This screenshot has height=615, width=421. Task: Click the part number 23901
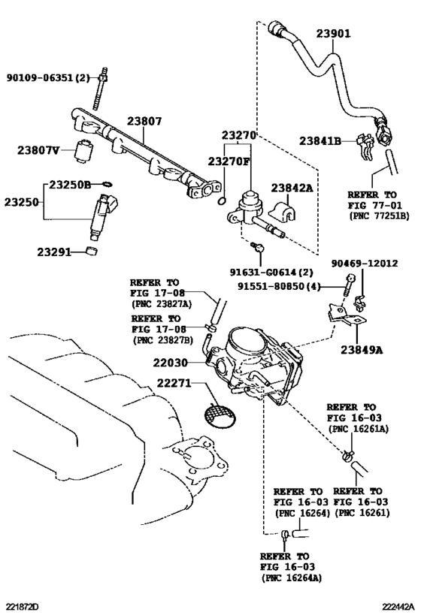333,34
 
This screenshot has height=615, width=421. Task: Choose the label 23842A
292,188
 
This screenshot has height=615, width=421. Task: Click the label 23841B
320,140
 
